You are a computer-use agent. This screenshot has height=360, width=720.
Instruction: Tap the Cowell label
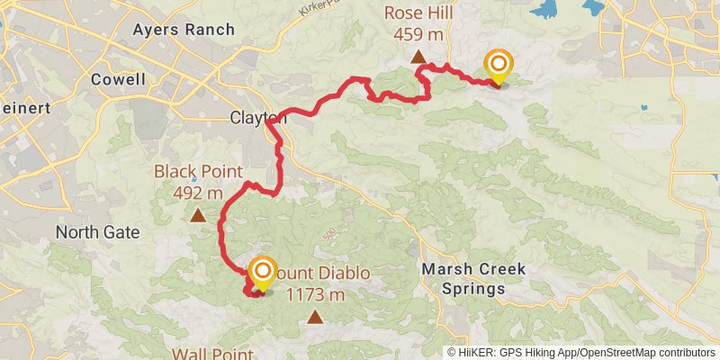coord(118,79)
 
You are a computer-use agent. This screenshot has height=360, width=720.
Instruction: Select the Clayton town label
coord(257,118)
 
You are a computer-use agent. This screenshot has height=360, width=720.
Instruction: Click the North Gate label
coord(97,232)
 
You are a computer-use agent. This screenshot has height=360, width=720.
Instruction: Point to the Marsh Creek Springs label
coord(464,279)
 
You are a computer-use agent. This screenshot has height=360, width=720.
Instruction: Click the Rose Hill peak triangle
coord(418,58)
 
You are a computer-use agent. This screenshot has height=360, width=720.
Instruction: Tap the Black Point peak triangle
coord(197,215)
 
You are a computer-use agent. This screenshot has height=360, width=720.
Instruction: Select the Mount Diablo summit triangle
coord(315,316)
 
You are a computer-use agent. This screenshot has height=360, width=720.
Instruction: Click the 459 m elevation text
coord(418,34)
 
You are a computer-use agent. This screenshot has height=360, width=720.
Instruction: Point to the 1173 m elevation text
coord(315,293)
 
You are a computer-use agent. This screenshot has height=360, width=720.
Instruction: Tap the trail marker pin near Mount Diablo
coord(262,274)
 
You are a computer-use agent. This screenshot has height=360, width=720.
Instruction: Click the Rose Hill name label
coord(418,13)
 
